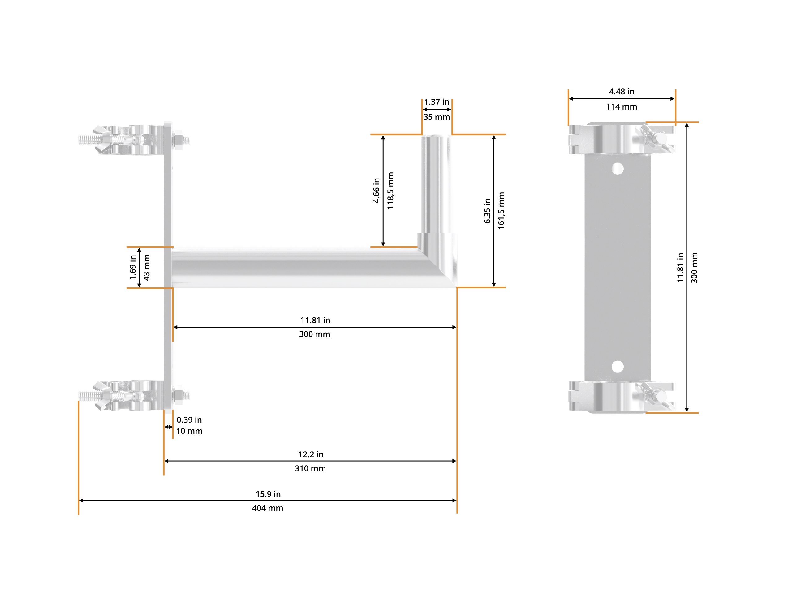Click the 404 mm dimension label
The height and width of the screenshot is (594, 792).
coord(268,508)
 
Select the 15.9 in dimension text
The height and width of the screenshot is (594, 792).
coord(268,494)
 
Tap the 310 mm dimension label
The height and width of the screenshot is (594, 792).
coord(310,468)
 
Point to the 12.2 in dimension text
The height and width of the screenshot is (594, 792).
coord(311,454)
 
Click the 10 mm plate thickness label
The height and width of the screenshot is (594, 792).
coord(189,431)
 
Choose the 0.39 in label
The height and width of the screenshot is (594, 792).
coord(189,420)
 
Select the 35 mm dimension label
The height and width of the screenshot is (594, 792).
coord(437,117)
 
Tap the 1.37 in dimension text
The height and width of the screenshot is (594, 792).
coord(437,102)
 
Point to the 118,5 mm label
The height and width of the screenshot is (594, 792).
coord(390,191)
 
